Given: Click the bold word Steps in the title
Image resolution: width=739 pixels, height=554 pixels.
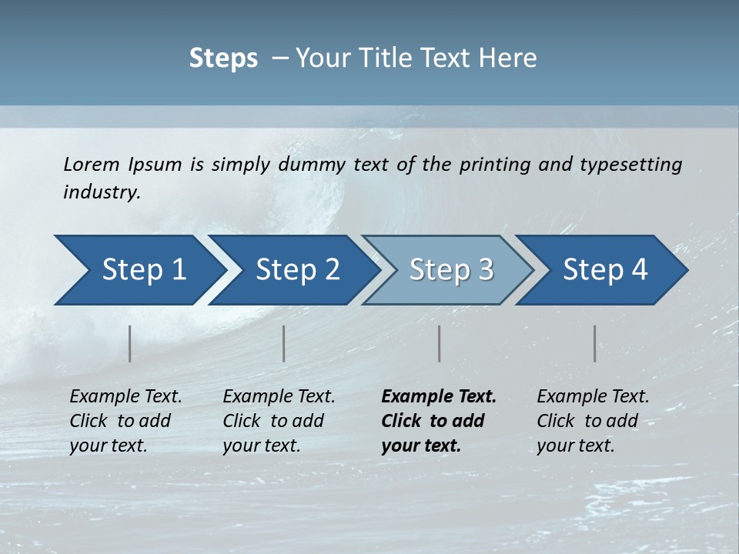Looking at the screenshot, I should [x=223, y=58].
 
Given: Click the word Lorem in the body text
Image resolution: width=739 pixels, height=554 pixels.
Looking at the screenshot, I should [x=92, y=164].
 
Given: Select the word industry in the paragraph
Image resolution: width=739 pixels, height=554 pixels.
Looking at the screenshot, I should [x=101, y=192].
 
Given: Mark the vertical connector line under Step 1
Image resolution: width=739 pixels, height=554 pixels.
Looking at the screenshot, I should [x=130, y=343].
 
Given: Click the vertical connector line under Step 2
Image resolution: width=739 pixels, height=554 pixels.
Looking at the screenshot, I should [x=284, y=343].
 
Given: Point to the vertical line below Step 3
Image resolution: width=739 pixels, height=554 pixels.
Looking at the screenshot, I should [x=440, y=343].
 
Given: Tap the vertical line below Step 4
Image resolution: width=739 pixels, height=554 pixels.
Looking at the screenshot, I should [x=595, y=343].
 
